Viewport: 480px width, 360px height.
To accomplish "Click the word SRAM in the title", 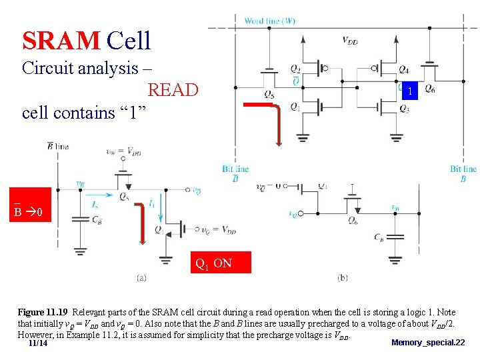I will [61, 41].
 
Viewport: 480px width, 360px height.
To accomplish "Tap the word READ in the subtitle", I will [173, 89].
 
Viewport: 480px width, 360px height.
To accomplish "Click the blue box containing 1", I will [412, 91].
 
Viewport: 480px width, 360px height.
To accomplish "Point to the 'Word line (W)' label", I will [270, 21].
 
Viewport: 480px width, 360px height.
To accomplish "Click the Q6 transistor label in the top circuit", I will [430, 89].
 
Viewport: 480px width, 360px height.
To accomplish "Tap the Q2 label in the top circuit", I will [295, 69].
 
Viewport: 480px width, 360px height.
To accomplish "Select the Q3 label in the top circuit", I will [405, 109].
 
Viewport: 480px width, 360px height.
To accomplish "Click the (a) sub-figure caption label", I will [141, 277].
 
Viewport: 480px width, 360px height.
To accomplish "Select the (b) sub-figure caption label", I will [343, 277].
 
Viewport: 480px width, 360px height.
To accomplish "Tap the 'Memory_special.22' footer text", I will [428, 343].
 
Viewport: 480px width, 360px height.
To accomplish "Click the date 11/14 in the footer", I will [38, 343].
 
